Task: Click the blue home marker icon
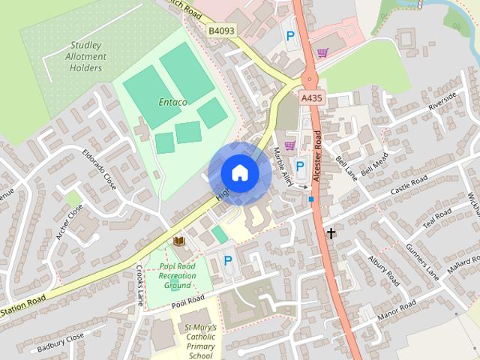coord(239,173)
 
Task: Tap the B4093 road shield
coord(223,31)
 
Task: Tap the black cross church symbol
coord(331,233)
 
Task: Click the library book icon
coord(180,241)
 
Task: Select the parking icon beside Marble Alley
coord(300,166)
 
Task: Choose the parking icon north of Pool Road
coord(227,261)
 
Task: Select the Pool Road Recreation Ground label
coord(177,276)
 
